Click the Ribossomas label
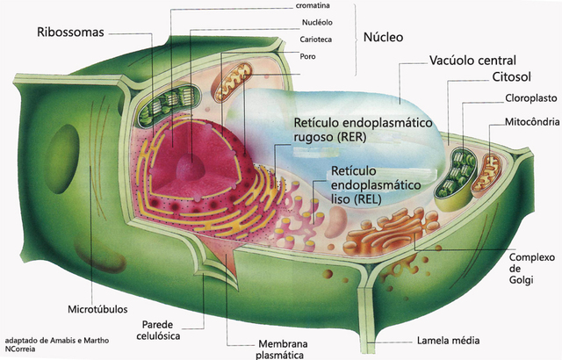pos(70,32)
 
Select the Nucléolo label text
pos(316,23)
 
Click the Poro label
pos(308,56)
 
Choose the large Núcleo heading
pos(383,38)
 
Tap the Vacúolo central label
pos(472,61)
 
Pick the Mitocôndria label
pos(531,121)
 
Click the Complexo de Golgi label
pos(532,268)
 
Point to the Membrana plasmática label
pos(280,349)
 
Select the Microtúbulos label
pos(97,309)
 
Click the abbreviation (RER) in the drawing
pos(318,137)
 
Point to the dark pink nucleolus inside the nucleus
pos(189,166)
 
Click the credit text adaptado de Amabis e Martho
pos(56,339)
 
